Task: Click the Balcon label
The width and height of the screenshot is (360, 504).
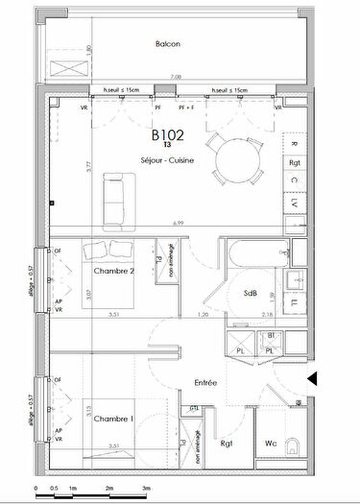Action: click(x=169, y=44)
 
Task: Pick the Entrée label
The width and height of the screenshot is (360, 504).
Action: click(x=204, y=382)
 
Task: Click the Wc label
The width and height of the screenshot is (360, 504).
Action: click(x=271, y=444)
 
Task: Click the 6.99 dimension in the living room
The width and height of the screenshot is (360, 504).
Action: click(x=178, y=223)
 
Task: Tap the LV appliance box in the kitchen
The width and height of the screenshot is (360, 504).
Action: click(x=294, y=205)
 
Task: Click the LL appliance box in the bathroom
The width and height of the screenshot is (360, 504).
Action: click(x=294, y=304)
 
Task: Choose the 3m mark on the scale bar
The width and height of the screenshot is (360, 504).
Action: click(x=146, y=490)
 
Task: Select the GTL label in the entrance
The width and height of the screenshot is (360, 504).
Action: click(x=194, y=408)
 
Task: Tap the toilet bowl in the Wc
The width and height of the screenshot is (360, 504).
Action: click(x=295, y=444)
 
